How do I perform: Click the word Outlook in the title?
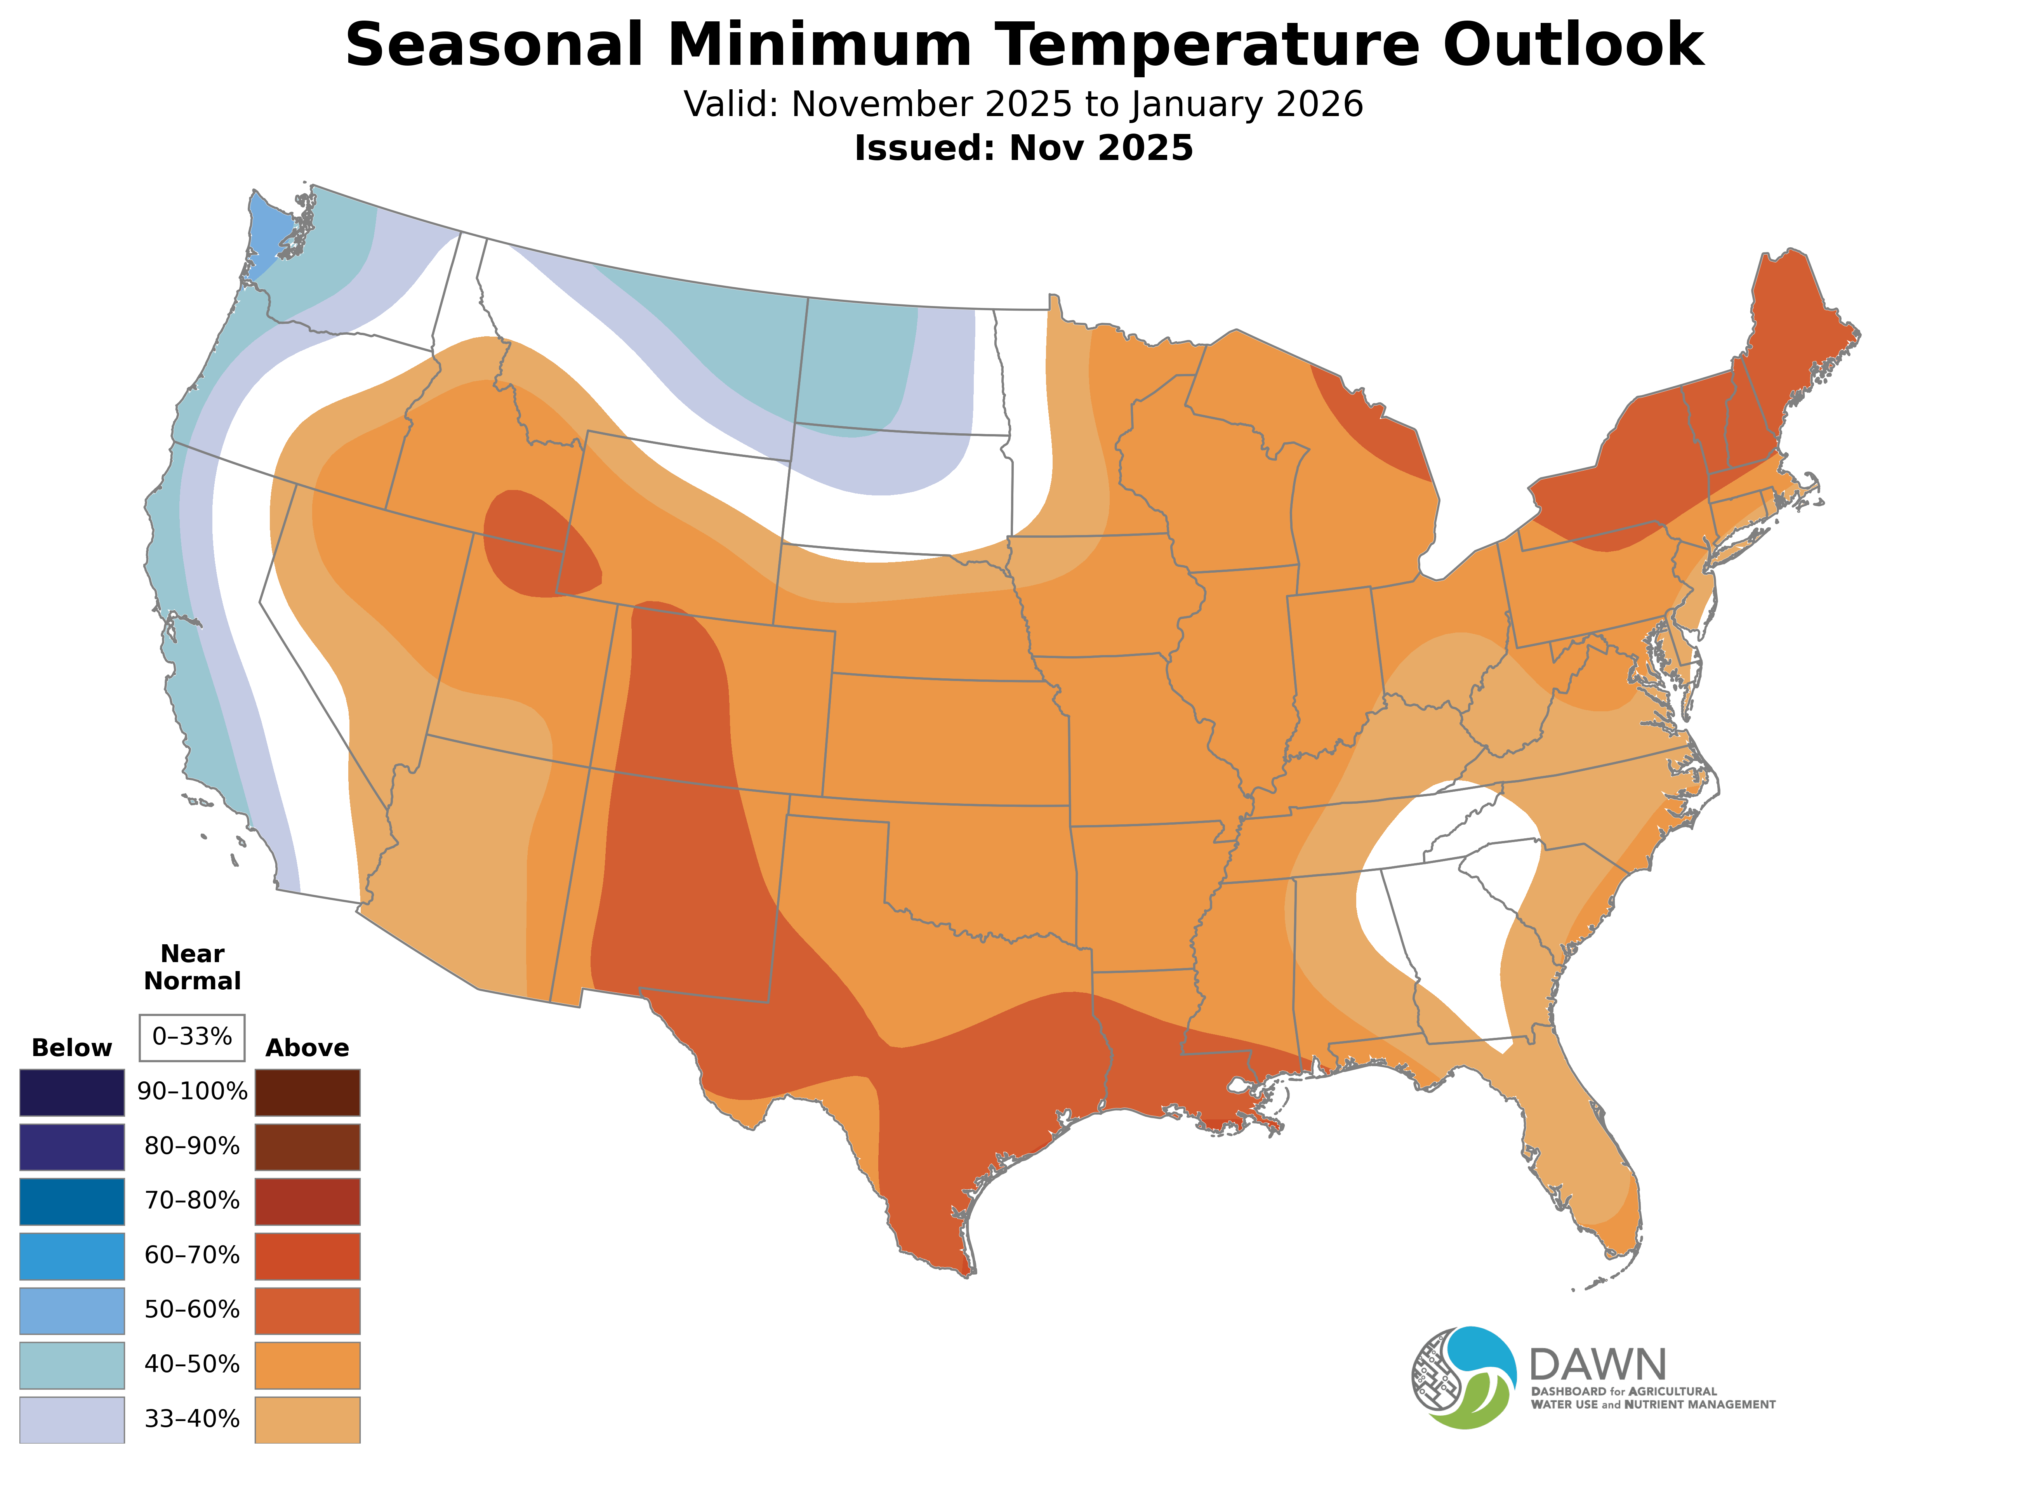point(1572,45)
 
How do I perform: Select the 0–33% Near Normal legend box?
point(192,1037)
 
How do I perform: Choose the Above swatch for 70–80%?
point(308,1201)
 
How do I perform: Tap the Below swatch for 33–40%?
point(72,1420)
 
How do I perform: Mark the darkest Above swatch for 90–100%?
point(308,1093)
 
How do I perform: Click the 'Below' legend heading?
point(72,1048)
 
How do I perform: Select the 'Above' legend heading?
point(308,1048)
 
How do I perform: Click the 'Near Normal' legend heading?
point(192,967)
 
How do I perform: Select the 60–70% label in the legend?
point(192,1256)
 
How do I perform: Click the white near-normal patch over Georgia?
point(1451,892)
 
